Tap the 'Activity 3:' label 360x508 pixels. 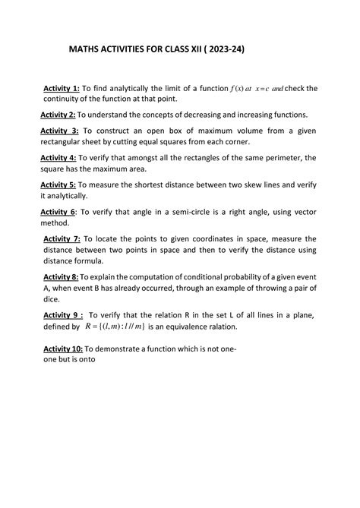click(x=59, y=131)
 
